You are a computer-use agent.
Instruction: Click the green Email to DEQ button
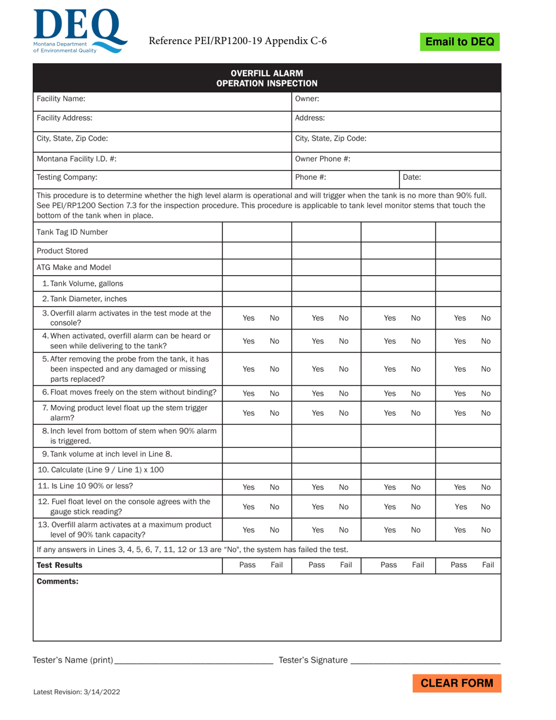(459, 42)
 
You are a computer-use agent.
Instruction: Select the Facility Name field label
(61, 99)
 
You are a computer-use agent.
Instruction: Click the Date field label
(412, 177)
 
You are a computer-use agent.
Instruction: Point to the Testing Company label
(67, 177)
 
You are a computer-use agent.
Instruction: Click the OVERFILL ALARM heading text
(267, 73)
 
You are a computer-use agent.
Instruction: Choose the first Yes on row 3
(249, 318)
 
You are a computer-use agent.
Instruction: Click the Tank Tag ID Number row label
(72, 232)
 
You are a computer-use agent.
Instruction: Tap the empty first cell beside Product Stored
(257, 251)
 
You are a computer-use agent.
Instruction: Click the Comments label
(57, 581)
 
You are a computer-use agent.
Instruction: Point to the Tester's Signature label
(313, 660)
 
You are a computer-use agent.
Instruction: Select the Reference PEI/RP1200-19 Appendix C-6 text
(238, 41)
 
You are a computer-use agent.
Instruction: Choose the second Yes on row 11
(318, 486)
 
